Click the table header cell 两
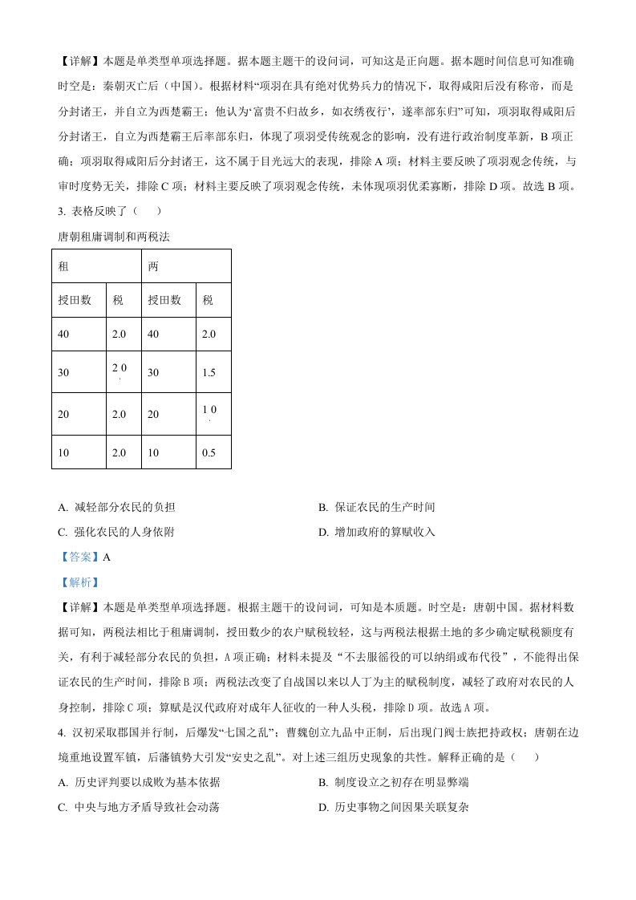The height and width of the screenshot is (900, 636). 152,266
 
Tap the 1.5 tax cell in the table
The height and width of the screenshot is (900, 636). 209,373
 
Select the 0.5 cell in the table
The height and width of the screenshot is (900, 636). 209,452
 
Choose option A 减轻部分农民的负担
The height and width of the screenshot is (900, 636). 116,508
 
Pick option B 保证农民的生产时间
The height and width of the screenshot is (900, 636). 376,508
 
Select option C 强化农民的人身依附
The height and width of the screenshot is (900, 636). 116,531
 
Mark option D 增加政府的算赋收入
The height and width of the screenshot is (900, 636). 376,531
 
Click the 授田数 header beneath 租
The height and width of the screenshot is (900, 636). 75,301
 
